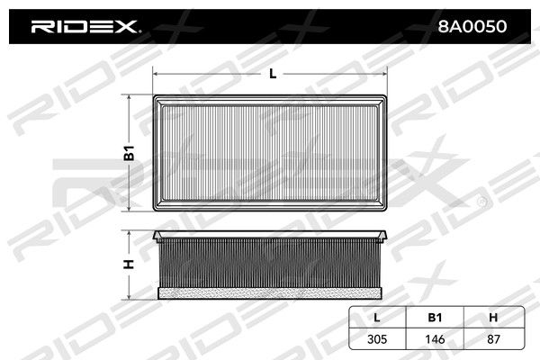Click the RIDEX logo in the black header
(85, 26)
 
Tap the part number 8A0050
(472, 26)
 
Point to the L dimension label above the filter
(273, 74)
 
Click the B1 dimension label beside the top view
(129, 153)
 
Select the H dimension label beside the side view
(129, 265)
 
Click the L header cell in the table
(377, 318)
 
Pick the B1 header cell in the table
(435, 318)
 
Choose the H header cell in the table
(493, 318)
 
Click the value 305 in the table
(377, 339)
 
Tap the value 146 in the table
(435, 339)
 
